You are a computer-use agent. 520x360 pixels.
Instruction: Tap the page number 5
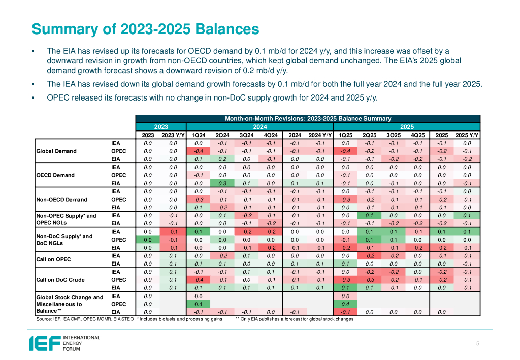478,344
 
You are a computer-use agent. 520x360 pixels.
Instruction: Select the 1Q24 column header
199,135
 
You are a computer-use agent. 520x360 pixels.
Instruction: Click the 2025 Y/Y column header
467,135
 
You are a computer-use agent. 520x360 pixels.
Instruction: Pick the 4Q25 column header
417,135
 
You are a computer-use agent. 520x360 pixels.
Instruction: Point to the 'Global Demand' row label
56,151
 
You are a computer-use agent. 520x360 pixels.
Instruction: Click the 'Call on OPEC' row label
53,259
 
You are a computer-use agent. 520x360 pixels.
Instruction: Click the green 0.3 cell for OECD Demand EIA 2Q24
222,183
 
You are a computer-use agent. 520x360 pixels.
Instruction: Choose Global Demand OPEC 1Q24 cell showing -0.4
199,151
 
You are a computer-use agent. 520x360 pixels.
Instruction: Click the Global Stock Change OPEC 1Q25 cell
345,304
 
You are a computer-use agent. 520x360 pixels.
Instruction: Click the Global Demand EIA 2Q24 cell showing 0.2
222,159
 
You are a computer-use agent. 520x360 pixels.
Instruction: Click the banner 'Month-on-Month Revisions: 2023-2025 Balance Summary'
308,119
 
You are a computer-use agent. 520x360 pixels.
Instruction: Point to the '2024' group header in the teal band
259,127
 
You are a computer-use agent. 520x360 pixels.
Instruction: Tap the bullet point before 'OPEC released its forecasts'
32,98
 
